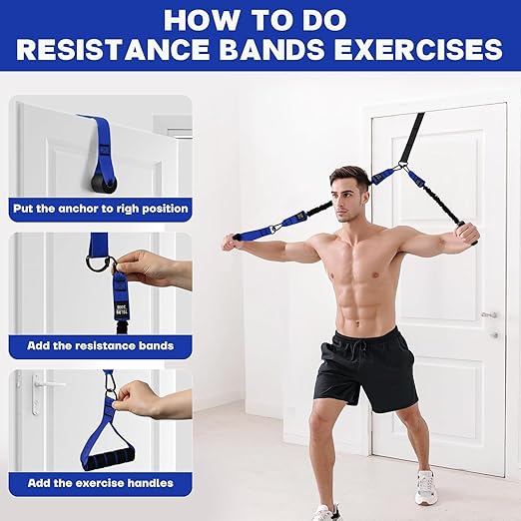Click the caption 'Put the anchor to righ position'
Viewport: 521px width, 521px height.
tap(100, 210)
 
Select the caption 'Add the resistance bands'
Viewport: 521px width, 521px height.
tap(100, 345)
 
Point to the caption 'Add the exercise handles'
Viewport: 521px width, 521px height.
tap(100, 483)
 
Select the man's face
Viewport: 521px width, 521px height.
tap(352, 193)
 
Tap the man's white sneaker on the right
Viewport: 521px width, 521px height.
tap(425, 486)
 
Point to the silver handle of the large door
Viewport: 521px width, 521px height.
tap(489, 315)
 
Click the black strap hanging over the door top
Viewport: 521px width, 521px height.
tap(412, 135)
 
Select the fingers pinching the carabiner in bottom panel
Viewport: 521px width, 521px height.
tap(132, 398)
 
